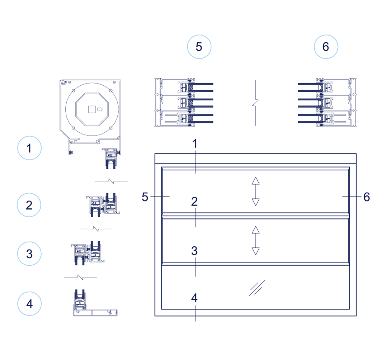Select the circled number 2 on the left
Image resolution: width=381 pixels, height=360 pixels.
tap(29, 205)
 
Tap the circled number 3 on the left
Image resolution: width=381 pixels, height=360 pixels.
tap(29, 254)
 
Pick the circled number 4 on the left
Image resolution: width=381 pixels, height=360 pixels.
tap(29, 304)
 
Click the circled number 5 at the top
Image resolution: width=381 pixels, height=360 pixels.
tap(199, 47)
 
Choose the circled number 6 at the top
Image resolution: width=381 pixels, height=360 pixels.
tap(326, 47)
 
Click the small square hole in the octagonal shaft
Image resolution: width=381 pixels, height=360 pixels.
tap(91, 108)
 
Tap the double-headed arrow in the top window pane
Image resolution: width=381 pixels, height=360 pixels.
tap(255, 191)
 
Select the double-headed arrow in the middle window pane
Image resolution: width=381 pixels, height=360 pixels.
tap(255, 240)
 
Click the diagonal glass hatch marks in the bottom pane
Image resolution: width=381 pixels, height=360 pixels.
tap(257, 288)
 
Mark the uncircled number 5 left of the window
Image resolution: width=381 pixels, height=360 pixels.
tap(145, 197)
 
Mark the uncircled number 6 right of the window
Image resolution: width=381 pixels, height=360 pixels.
tap(366, 197)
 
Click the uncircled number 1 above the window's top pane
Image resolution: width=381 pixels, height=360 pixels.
tap(195, 144)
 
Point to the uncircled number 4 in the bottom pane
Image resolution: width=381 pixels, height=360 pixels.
tap(194, 298)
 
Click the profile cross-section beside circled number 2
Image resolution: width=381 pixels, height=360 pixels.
tap(103, 205)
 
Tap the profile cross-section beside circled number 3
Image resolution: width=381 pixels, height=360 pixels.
tap(88, 254)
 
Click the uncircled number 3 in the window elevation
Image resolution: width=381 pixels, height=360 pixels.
tap(194, 251)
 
